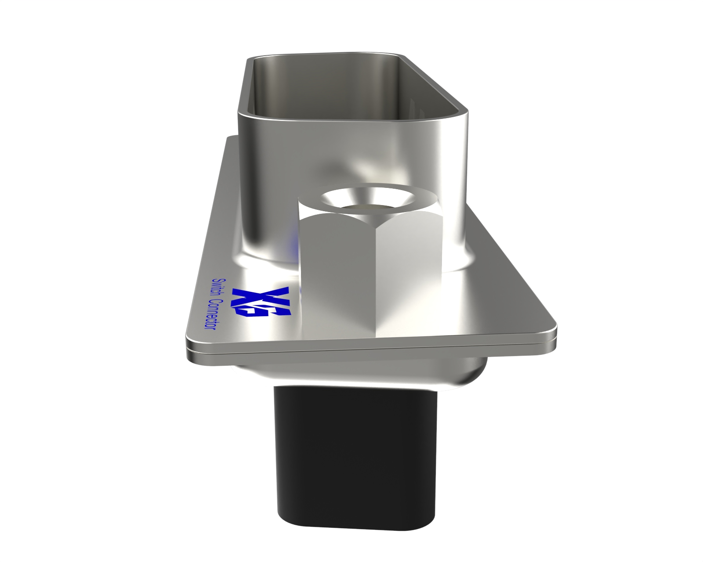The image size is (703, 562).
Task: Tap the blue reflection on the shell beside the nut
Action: (x=292, y=241)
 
